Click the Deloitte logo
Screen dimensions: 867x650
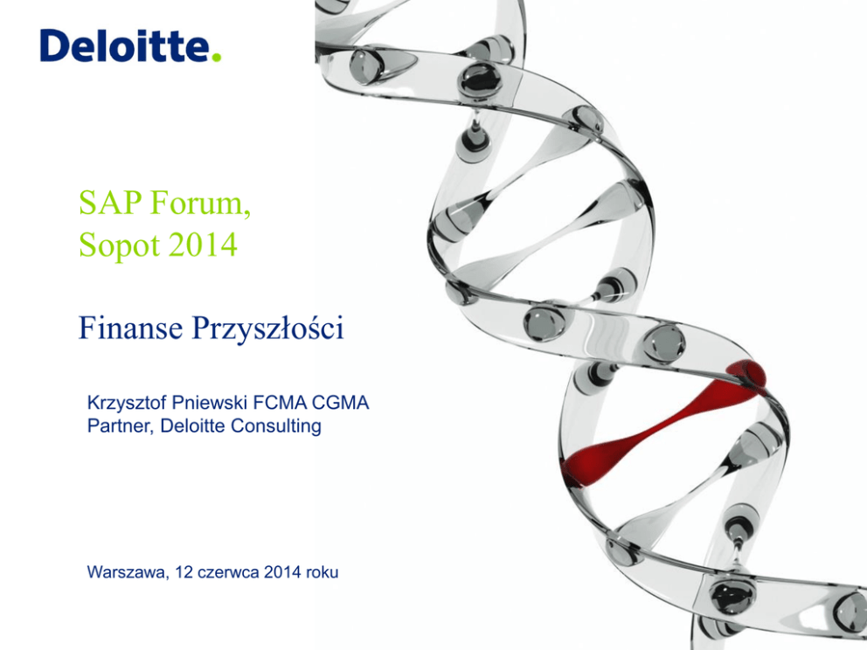130,45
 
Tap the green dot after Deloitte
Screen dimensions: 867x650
216,57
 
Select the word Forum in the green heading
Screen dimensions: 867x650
200,204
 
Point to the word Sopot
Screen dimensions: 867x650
120,245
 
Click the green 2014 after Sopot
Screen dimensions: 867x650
203,245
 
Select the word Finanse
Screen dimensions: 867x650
130,328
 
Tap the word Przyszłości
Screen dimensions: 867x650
267,328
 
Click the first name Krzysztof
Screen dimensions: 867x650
127,403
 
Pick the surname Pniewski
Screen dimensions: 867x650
210,403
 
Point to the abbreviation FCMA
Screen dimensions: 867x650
279,403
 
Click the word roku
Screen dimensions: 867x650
322,572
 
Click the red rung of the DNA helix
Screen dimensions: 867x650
663,423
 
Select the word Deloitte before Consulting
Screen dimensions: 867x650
192,426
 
